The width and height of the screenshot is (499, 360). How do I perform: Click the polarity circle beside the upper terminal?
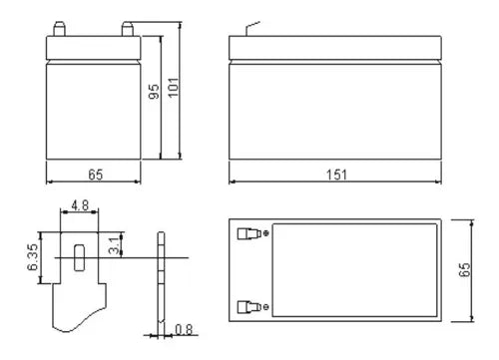point(264,235)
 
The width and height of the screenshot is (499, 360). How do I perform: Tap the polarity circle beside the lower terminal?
point(264,306)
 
